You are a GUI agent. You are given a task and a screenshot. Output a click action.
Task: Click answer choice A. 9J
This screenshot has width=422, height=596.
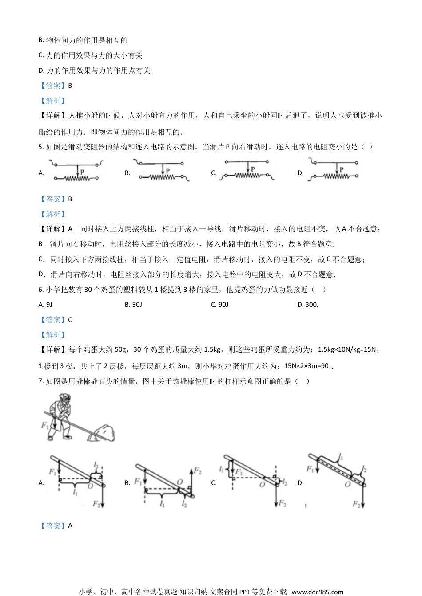click(x=46, y=305)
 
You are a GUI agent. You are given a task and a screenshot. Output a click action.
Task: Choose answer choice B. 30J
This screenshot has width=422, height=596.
click(x=133, y=305)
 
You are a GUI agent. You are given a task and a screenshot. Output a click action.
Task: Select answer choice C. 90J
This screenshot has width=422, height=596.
click(x=219, y=305)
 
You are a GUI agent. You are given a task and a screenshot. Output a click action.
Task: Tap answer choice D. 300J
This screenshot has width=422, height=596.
click(x=308, y=305)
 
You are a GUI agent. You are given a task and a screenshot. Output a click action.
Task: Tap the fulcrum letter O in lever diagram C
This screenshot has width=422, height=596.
click(x=262, y=485)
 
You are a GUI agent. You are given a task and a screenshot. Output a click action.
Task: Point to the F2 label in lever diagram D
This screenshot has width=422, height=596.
click(x=356, y=504)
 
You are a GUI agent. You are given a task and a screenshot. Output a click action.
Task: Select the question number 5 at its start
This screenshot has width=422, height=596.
click(x=41, y=147)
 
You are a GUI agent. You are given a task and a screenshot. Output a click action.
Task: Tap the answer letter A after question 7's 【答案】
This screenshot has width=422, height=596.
click(x=70, y=525)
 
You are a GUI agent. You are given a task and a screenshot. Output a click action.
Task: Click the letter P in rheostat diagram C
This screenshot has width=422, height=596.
click(x=252, y=169)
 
